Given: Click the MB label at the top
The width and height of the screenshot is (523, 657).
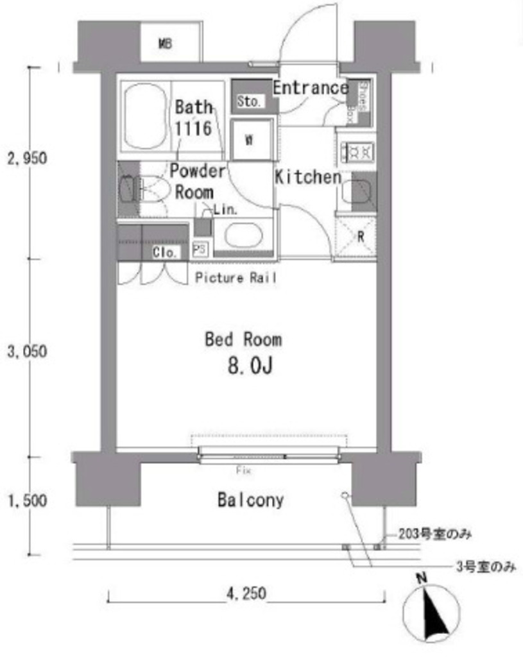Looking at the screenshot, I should click(165, 44).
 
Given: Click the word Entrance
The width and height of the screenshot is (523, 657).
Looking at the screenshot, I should click(310, 88).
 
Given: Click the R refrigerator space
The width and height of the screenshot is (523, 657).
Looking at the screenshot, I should click(357, 236).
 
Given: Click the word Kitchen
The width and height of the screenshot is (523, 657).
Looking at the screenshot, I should click(307, 177).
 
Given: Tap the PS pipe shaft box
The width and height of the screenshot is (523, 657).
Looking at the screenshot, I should click(200, 249).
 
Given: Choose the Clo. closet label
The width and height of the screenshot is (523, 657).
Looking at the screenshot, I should click(164, 252).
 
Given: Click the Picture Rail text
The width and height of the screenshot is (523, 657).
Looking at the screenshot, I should click(237, 278).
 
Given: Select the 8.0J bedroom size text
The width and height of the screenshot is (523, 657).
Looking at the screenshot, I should click(250, 366).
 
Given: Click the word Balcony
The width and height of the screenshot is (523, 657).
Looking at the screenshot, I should click(250, 500).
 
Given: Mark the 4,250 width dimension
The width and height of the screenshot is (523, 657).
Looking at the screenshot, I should click(244, 594).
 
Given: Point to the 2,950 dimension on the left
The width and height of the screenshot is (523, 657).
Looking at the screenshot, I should click(26, 158).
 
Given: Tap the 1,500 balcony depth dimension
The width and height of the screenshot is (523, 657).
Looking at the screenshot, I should click(26, 500).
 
